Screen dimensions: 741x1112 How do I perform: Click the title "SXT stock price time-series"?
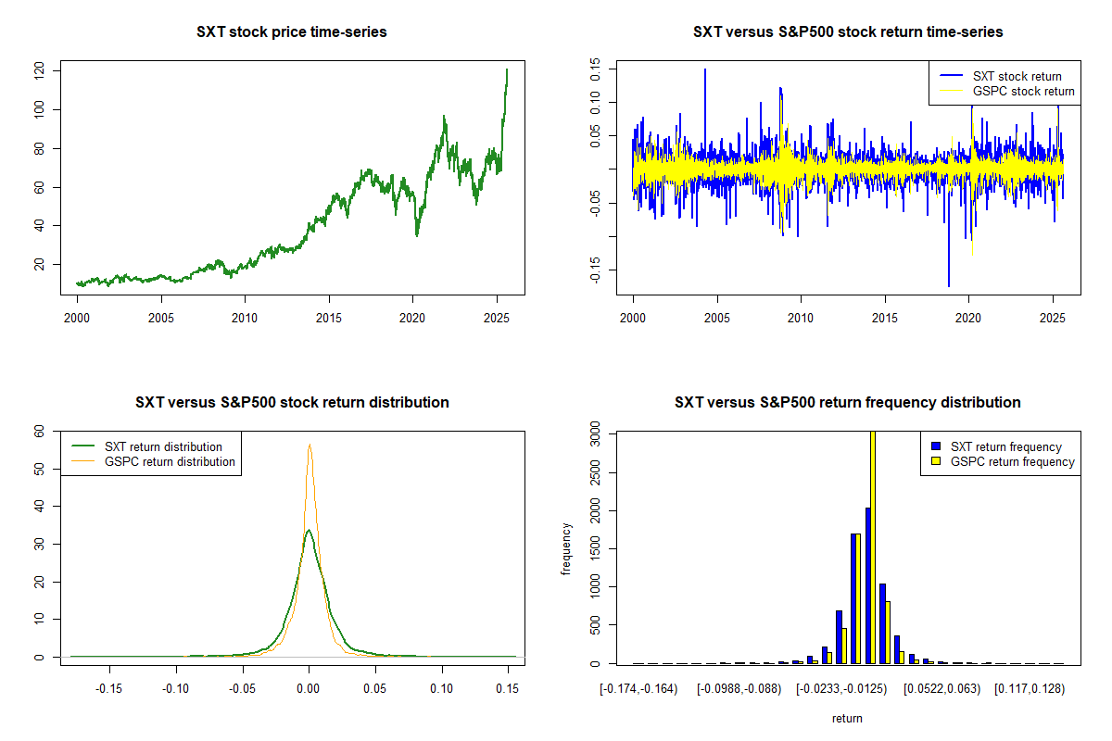coord(292,32)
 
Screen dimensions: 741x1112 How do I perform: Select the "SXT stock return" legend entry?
coord(1017,76)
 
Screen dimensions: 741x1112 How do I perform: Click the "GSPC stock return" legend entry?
coord(1023,92)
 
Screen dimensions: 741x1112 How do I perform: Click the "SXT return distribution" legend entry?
coord(163,447)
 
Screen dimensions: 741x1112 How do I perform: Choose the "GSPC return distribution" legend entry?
coord(170,461)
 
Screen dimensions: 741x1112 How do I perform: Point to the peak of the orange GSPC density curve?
coord(310,445)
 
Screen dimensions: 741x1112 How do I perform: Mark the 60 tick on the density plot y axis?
coord(52,432)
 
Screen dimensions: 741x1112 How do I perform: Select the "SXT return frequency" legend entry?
coord(1005,447)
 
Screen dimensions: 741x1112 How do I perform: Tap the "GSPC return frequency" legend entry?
coord(1012,461)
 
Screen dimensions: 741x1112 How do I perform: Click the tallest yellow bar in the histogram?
coord(872,546)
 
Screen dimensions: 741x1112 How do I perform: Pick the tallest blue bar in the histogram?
coord(867,585)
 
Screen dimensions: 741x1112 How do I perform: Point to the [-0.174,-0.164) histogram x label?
coord(639,688)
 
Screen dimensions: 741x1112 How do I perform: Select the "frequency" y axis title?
coord(567,548)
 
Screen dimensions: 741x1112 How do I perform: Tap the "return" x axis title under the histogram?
coord(847,718)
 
